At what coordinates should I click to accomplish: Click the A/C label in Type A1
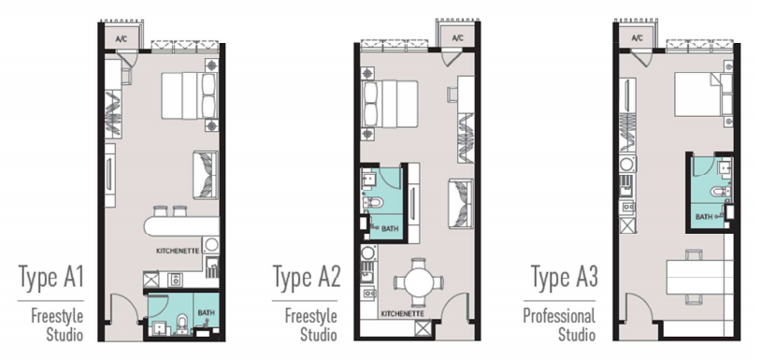(121, 39)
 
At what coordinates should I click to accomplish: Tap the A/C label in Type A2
(457, 37)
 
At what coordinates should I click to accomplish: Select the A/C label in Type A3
(638, 37)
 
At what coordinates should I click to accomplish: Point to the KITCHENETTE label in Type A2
(403, 314)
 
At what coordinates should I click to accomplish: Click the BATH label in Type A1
(206, 313)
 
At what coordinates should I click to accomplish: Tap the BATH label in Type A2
(390, 227)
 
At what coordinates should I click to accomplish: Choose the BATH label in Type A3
(704, 217)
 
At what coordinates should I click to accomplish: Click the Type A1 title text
(51, 277)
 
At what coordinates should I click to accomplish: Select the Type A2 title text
(307, 277)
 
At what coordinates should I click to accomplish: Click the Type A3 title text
(564, 277)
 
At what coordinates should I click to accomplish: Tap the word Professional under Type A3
(559, 316)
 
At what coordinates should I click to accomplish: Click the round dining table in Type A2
(418, 281)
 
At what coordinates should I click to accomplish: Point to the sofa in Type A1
(206, 175)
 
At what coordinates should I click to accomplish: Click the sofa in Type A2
(461, 203)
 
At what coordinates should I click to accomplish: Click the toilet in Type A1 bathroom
(182, 324)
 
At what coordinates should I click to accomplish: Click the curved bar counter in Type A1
(181, 226)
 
